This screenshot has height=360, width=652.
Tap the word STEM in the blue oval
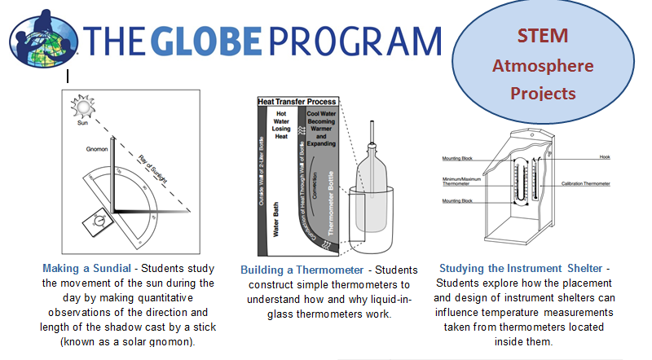point(541,36)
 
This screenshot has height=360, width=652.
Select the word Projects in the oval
point(543,93)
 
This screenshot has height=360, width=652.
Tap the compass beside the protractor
point(99,220)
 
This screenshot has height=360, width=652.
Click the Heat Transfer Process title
point(297,102)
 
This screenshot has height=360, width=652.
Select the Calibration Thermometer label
point(586,183)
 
